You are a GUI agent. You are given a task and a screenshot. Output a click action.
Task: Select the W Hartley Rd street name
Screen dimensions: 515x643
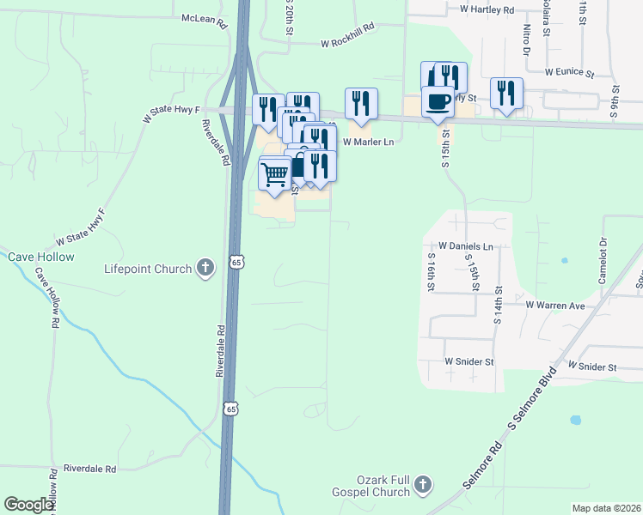(x=487, y=9)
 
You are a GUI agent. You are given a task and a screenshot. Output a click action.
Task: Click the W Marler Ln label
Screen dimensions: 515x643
(x=368, y=142)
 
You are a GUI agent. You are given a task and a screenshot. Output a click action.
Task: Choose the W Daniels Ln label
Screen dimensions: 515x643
(x=464, y=245)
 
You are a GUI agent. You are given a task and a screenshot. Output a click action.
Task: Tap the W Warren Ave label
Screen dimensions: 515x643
(x=555, y=305)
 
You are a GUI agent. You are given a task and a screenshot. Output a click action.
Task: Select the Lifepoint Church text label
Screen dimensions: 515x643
(x=149, y=269)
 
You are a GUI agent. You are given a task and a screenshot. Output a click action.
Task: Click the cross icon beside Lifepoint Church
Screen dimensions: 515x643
(x=205, y=269)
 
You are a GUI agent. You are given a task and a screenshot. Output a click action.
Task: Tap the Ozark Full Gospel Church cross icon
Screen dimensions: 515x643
(x=421, y=486)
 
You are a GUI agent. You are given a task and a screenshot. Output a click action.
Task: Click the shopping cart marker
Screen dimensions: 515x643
(x=274, y=173)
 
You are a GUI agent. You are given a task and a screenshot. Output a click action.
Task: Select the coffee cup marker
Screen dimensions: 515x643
(x=438, y=100)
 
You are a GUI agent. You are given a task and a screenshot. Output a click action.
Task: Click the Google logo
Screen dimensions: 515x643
(x=29, y=505)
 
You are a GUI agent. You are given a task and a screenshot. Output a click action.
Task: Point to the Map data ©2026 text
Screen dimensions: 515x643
(x=606, y=508)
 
